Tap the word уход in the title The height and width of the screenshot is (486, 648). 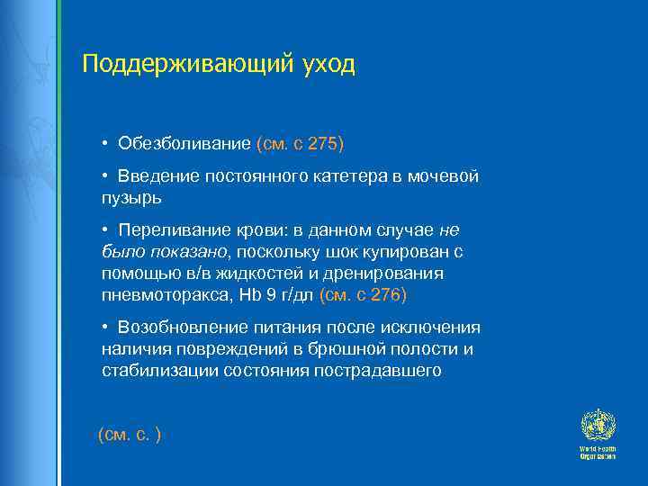pyautogui.click(x=326, y=65)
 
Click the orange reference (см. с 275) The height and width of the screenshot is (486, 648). pyautogui.click(x=301, y=144)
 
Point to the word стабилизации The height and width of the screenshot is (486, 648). pyautogui.click(x=152, y=370)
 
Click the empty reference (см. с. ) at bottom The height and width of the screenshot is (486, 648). pyautogui.click(x=129, y=435)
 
